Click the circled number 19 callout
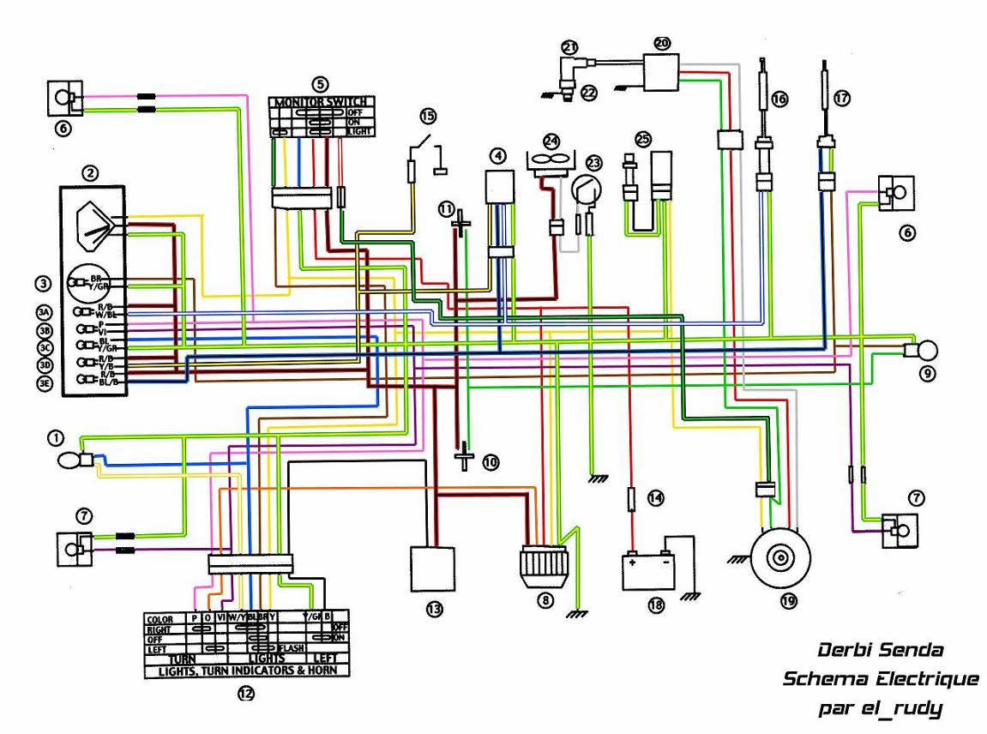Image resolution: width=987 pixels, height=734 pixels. pos(787,601)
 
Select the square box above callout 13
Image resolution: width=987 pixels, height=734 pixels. pos(432,569)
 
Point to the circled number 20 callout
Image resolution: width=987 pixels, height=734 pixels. pos(660,42)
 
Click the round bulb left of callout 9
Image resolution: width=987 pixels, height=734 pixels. pos(927,350)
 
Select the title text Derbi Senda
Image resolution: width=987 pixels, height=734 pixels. pos(880,650)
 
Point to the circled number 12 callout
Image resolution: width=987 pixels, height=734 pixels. pos(246,695)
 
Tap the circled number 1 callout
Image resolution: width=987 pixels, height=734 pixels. pos(56,438)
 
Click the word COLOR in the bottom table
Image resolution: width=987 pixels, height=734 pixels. pos(160,618)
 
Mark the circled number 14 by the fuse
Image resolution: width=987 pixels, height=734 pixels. pos(655,497)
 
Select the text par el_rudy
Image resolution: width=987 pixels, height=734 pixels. pos(880,708)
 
